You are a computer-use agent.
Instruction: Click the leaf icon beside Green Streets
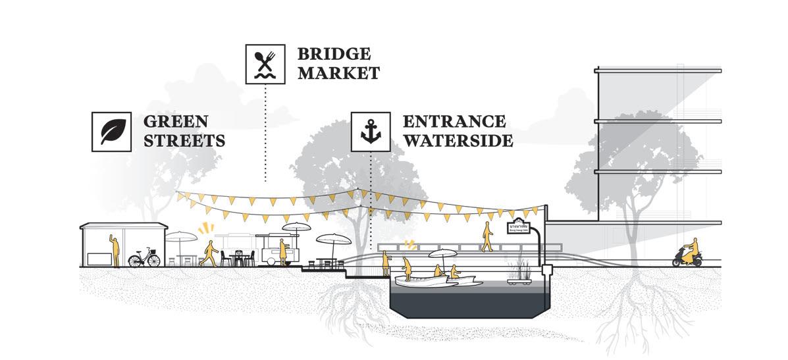pyautogui.click(x=111, y=131)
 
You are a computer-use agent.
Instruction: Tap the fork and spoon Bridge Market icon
pyautogui.click(x=265, y=64)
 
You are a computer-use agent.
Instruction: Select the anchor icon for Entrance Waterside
pyautogui.click(x=371, y=131)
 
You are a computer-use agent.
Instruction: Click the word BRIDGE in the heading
pyautogui.click(x=334, y=54)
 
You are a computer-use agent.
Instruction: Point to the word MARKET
pyautogui.click(x=338, y=72)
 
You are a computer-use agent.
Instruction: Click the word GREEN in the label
pyautogui.click(x=176, y=122)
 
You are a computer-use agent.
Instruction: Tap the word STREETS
pyautogui.click(x=184, y=140)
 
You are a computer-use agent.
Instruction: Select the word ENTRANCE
pyautogui.click(x=454, y=122)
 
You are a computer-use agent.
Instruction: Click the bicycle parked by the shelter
pyautogui.click(x=144, y=257)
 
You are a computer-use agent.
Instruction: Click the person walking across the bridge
pyautogui.click(x=487, y=236)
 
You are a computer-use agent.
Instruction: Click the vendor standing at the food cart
pyautogui.click(x=283, y=251)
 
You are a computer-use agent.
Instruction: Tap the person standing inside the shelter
pyautogui.click(x=115, y=250)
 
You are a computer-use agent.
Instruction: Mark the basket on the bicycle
pyautogui.click(x=153, y=251)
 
